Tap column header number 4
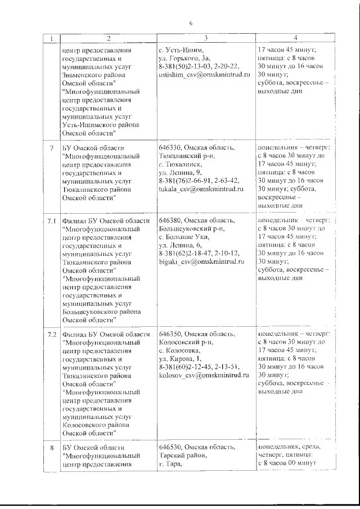click(295, 38)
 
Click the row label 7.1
click(52, 221)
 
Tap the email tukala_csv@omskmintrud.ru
click(200, 189)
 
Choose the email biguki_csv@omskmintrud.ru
click(200, 262)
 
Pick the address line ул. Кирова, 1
click(179, 358)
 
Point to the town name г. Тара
click(169, 464)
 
